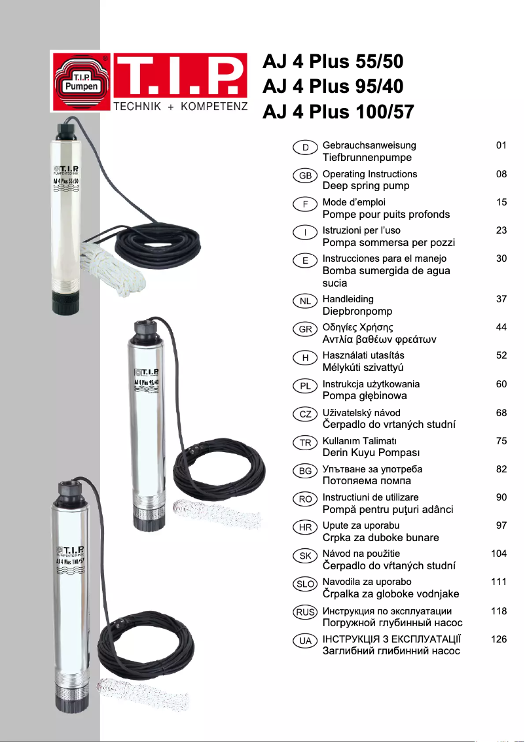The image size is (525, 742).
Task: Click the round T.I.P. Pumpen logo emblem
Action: click(x=81, y=81)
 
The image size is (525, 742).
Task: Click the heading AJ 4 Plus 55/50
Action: click(x=333, y=62)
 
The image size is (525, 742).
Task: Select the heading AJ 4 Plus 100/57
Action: click(x=338, y=112)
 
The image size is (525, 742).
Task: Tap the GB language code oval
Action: click(x=305, y=175)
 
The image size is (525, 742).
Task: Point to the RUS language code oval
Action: click(x=305, y=612)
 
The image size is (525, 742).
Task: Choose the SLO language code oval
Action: click(x=305, y=584)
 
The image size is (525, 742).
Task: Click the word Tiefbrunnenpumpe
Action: click(x=367, y=158)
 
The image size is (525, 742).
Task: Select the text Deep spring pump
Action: click(x=366, y=186)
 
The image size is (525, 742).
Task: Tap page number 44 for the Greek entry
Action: click(x=501, y=327)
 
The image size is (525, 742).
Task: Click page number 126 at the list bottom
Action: click(x=499, y=639)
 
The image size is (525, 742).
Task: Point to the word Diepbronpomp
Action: click(x=357, y=311)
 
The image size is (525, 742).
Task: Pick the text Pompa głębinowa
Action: click(x=365, y=396)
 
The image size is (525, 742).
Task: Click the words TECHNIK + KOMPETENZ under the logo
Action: click(x=181, y=107)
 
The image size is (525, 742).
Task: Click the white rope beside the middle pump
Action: click(x=215, y=514)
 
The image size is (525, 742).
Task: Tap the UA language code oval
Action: click(x=305, y=641)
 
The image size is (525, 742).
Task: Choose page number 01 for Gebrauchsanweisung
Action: click(x=501, y=145)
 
